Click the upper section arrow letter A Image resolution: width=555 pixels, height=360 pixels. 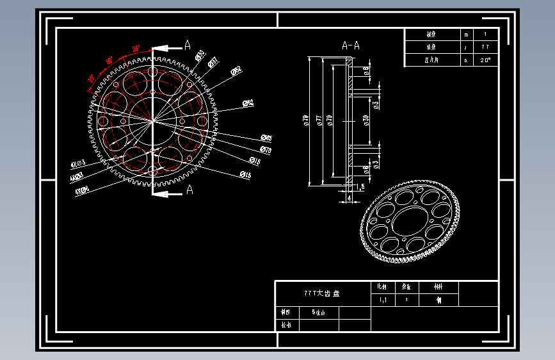click(x=188, y=45)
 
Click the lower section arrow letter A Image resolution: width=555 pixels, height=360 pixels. click(x=189, y=190)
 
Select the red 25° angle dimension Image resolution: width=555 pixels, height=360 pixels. click(x=136, y=49)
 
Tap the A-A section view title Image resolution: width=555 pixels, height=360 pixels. click(x=350, y=45)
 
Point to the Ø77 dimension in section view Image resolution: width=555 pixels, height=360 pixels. click(x=318, y=120)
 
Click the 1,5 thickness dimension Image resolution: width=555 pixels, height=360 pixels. click(x=360, y=186)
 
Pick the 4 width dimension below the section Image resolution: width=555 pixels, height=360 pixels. click(x=350, y=199)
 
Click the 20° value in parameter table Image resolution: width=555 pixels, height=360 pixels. click(x=486, y=60)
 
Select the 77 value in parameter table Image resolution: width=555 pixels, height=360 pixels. click(x=485, y=47)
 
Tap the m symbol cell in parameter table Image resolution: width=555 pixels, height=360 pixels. click(x=466, y=35)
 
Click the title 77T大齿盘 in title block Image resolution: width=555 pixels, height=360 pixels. click(x=322, y=293)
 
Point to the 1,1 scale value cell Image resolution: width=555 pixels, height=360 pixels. click(x=383, y=300)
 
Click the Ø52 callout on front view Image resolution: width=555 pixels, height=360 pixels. click(x=236, y=70)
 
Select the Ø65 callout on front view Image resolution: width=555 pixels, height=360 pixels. click(x=266, y=138)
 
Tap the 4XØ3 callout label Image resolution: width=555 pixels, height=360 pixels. click(x=77, y=165)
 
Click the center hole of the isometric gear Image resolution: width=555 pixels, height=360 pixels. click(x=408, y=221)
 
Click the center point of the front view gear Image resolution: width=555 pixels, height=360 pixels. click(x=153, y=120)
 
